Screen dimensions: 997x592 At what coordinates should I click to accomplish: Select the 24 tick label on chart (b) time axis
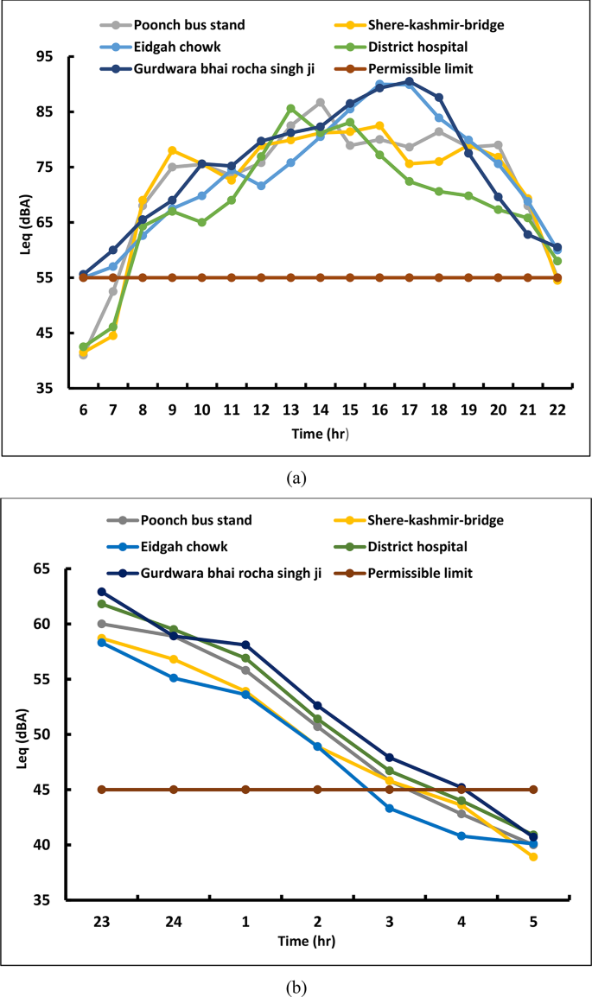[174, 922]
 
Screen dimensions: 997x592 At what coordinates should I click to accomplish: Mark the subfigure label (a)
[296, 477]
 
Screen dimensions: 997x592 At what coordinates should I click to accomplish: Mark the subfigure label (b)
[296, 985]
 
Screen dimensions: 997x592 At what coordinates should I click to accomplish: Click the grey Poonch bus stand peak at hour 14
[320, 103]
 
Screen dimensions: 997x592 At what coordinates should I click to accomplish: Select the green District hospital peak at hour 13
[290, 109]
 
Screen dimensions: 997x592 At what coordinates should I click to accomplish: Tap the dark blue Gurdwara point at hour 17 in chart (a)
[409, 81]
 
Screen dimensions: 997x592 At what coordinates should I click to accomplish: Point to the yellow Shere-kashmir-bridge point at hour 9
[172, 150]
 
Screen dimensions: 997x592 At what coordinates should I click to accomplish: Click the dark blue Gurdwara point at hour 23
[102, 592]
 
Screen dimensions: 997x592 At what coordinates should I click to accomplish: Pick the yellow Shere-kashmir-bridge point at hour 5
[533, 857]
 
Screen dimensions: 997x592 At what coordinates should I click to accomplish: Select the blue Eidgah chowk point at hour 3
[390, 808]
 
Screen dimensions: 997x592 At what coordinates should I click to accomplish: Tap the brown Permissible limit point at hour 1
[245, 790]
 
